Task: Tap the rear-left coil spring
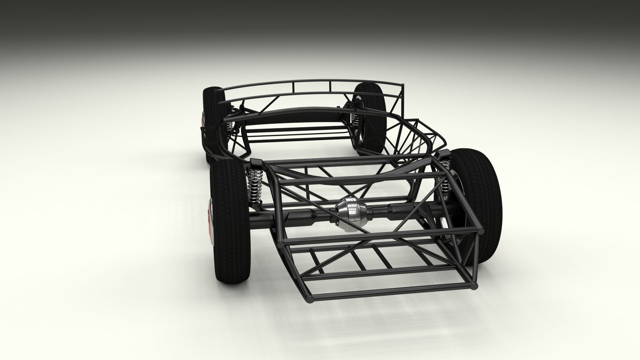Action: click(255, 185)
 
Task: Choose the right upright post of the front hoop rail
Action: click(331, 86)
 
